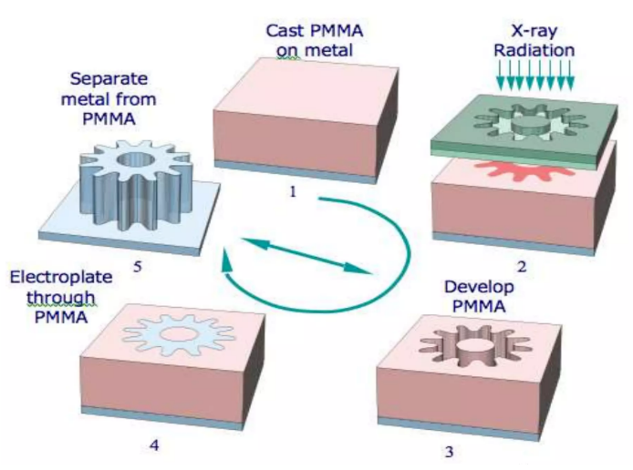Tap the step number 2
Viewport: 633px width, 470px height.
(522, 268)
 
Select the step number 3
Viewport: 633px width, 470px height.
(449, 451)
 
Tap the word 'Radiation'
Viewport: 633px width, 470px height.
(534, 51)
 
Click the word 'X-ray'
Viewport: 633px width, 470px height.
(534, 30)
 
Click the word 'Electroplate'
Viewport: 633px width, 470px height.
(54, 276)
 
